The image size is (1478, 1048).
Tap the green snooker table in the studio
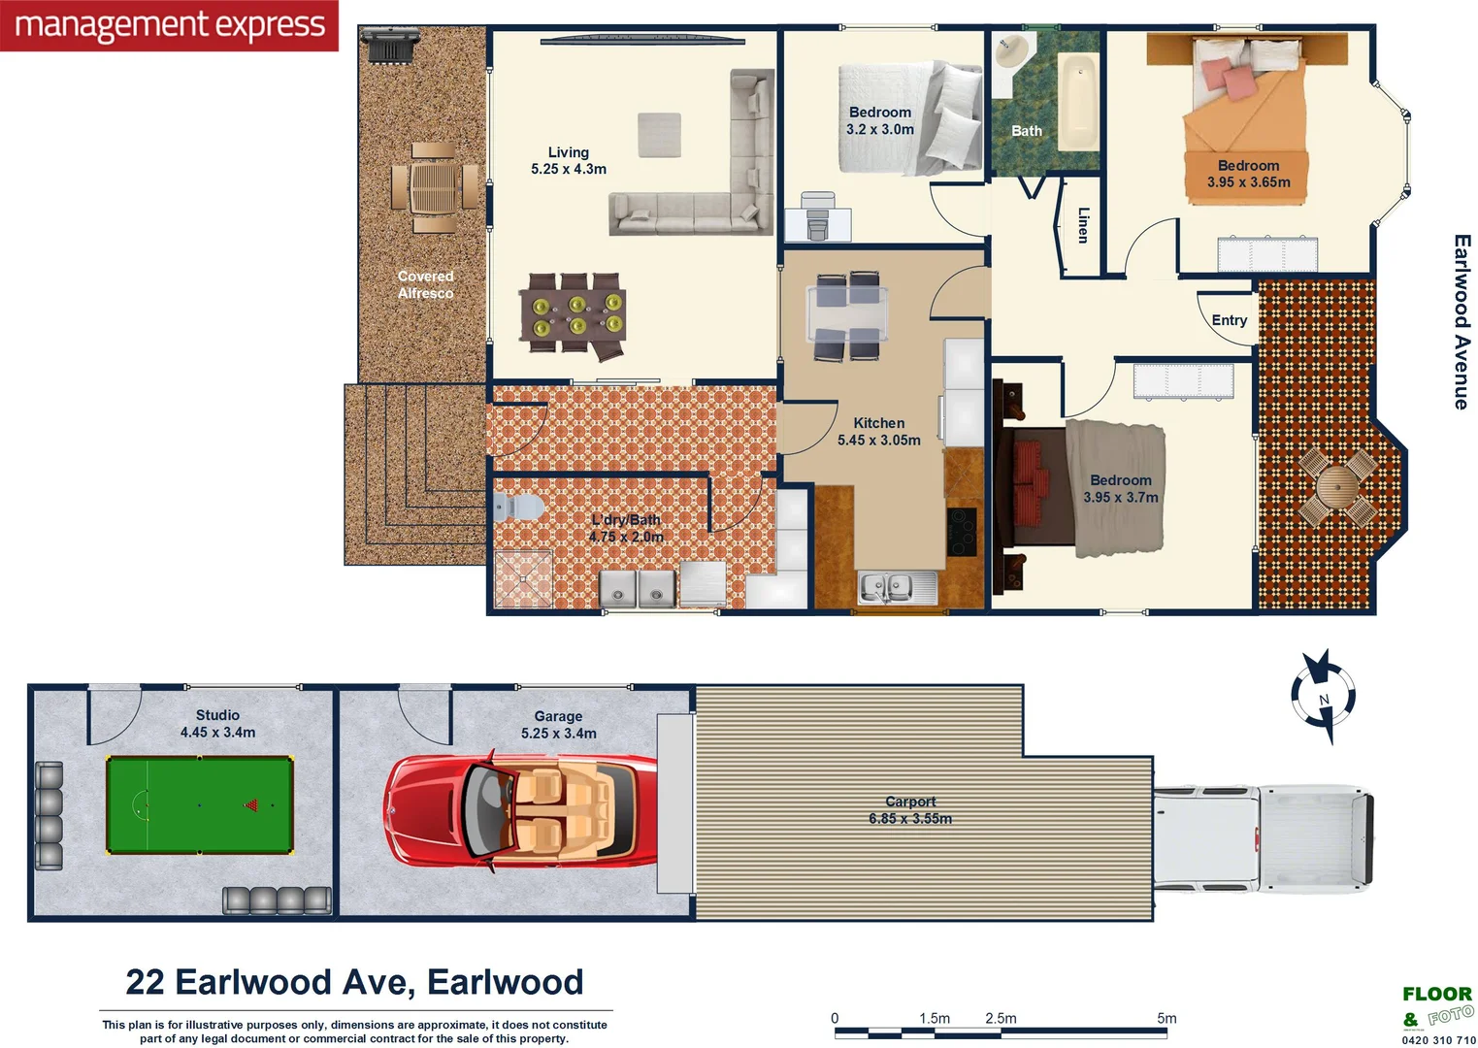pos(199,804)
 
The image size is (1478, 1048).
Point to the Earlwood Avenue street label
pos(1461,321)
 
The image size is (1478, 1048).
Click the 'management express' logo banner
pos(169,25)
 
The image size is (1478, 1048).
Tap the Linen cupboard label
pos(1083,225)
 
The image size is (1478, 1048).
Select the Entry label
pos(1229,320)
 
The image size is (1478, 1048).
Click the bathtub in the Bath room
pos(1077,102)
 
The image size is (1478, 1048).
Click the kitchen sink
pos(897,587)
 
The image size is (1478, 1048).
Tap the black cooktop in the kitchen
pos(962,531)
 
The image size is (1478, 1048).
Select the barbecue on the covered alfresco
pos(388,45)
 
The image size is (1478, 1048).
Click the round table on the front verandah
pos(1335,484)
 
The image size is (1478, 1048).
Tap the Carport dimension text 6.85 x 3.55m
pos(910,818)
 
